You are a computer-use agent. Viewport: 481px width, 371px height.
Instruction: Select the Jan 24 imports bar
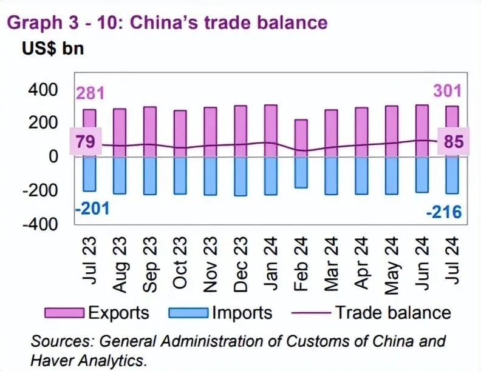pyautogui.click(x=271, y=176)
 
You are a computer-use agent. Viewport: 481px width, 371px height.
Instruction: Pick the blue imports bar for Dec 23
pyautogui.click(x=241, y=176)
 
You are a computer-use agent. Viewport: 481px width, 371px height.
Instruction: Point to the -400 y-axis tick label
pyautogui.click(x=38, y=224)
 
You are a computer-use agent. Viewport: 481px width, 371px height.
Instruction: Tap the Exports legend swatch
pyautogui.click(x=64, y=313)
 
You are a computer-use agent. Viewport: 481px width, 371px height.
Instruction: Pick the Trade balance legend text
pyautogui.click(x=393, y=313)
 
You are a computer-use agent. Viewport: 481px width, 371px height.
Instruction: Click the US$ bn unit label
pyautogui.click(x=53, y=49)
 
